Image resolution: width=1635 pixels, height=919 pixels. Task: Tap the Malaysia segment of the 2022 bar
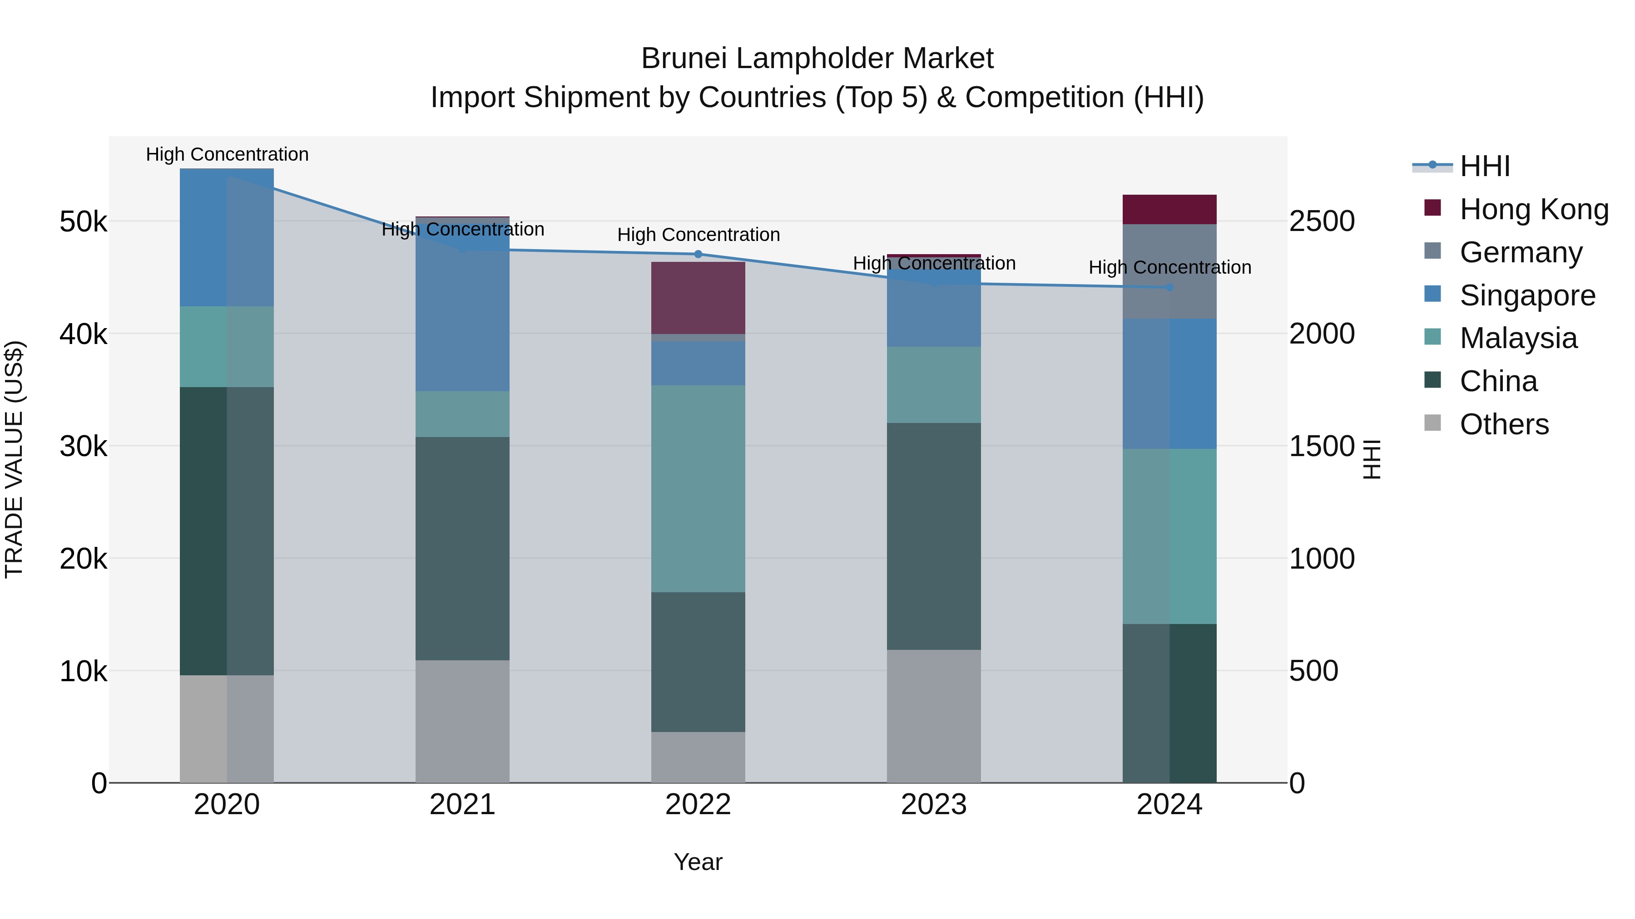pyautogui.click(x=698, y=488)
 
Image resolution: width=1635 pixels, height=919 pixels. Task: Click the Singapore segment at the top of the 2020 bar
pyautogui.click(x=227, y=237)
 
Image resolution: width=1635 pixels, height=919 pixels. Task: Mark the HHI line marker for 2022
pyautogui.click(x=698, y=254)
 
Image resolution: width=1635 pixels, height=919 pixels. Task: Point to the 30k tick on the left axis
pyautogui.click(x=83, y=447)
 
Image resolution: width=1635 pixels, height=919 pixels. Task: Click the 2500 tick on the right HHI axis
pyautogui.click(x=1322, y=221)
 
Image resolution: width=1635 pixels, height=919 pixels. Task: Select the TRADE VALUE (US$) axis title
pyautogui.click(x=14, y=459)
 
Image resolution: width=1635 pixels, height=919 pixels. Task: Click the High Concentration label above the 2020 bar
pyautogui.click(x=227, y=154)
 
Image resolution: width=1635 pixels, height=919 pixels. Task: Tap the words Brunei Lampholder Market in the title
pyautogui.click(x=817, y=59)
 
